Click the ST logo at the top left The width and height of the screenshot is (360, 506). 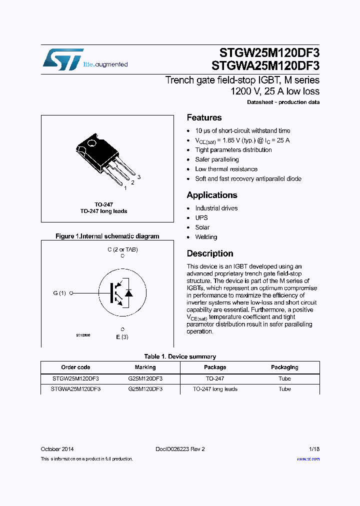[x=62, y=59]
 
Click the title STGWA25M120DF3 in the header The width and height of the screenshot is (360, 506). [x=265, y=65]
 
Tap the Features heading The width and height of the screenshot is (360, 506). [x=204, y=118]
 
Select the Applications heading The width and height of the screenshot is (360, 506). [x=212, y=195]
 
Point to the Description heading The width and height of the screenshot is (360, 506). [x=210, y=253]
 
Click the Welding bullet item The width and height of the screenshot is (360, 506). [x=206, y=237]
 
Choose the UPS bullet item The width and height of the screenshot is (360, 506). [x=201, y=218]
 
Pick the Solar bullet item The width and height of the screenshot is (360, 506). [x=202, y=227]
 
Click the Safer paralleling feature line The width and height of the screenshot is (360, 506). [x=217, y=159]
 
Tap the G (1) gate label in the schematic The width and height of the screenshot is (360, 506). [x=59, y=293]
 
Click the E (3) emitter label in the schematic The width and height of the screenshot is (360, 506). [x=122, y=337]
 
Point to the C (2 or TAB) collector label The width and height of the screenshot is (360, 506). [x=122, y=249]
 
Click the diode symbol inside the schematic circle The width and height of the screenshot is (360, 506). [x=128, y=293]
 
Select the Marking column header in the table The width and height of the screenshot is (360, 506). [x=145, y=367]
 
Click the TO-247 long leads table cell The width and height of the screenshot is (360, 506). [x=215, y=389]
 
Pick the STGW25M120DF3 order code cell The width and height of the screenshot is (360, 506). [x=75, y=378]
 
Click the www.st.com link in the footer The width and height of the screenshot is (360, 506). [x=308, y=459]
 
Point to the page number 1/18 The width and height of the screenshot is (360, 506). [x=314, y=449]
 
